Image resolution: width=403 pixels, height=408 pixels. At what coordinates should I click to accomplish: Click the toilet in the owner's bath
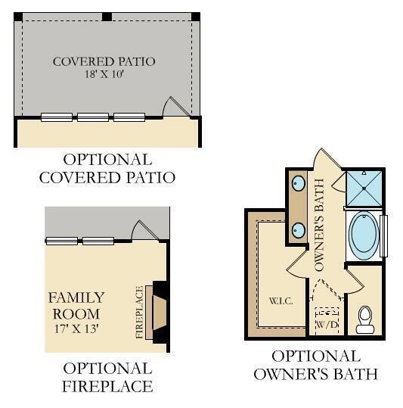click(364, 319)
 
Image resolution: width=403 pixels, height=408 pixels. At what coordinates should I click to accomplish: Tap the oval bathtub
click(364, 235)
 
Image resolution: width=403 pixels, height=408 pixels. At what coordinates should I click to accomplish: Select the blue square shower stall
click(364, 188)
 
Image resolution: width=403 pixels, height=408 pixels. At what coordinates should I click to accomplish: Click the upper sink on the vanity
click(299, 184)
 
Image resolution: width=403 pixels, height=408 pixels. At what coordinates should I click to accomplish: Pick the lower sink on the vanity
click(299, 230)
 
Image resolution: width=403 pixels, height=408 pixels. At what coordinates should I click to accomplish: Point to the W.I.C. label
click(281, 301)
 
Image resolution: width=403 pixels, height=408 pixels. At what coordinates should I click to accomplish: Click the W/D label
click(327, 324)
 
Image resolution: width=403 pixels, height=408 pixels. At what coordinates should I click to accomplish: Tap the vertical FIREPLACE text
click(139, 312)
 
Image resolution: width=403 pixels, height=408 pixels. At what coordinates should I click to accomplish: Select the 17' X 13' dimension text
click(76, 329)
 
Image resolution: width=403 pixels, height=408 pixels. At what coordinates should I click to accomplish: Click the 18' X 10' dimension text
click(104, 74)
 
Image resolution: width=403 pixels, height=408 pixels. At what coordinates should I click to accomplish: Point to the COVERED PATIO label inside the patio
click(104, 61)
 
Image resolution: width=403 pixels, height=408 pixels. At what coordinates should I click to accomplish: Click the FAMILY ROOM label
click(76, 306)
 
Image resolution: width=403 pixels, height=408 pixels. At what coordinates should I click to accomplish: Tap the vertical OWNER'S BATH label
click(319, 225)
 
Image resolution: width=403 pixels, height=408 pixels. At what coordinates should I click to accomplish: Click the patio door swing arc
click(166, 104)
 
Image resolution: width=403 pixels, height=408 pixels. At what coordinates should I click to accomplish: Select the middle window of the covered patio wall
click(93, 117)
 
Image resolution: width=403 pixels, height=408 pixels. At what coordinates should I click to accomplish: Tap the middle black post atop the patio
click(107, 17)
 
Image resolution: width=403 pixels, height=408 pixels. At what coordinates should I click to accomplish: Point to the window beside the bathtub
click(383, 236)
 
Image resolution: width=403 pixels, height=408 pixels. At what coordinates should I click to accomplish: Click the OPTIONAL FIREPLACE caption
click(107, 377)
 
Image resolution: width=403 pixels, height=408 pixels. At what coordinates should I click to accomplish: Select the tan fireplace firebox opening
click(160, 312)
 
